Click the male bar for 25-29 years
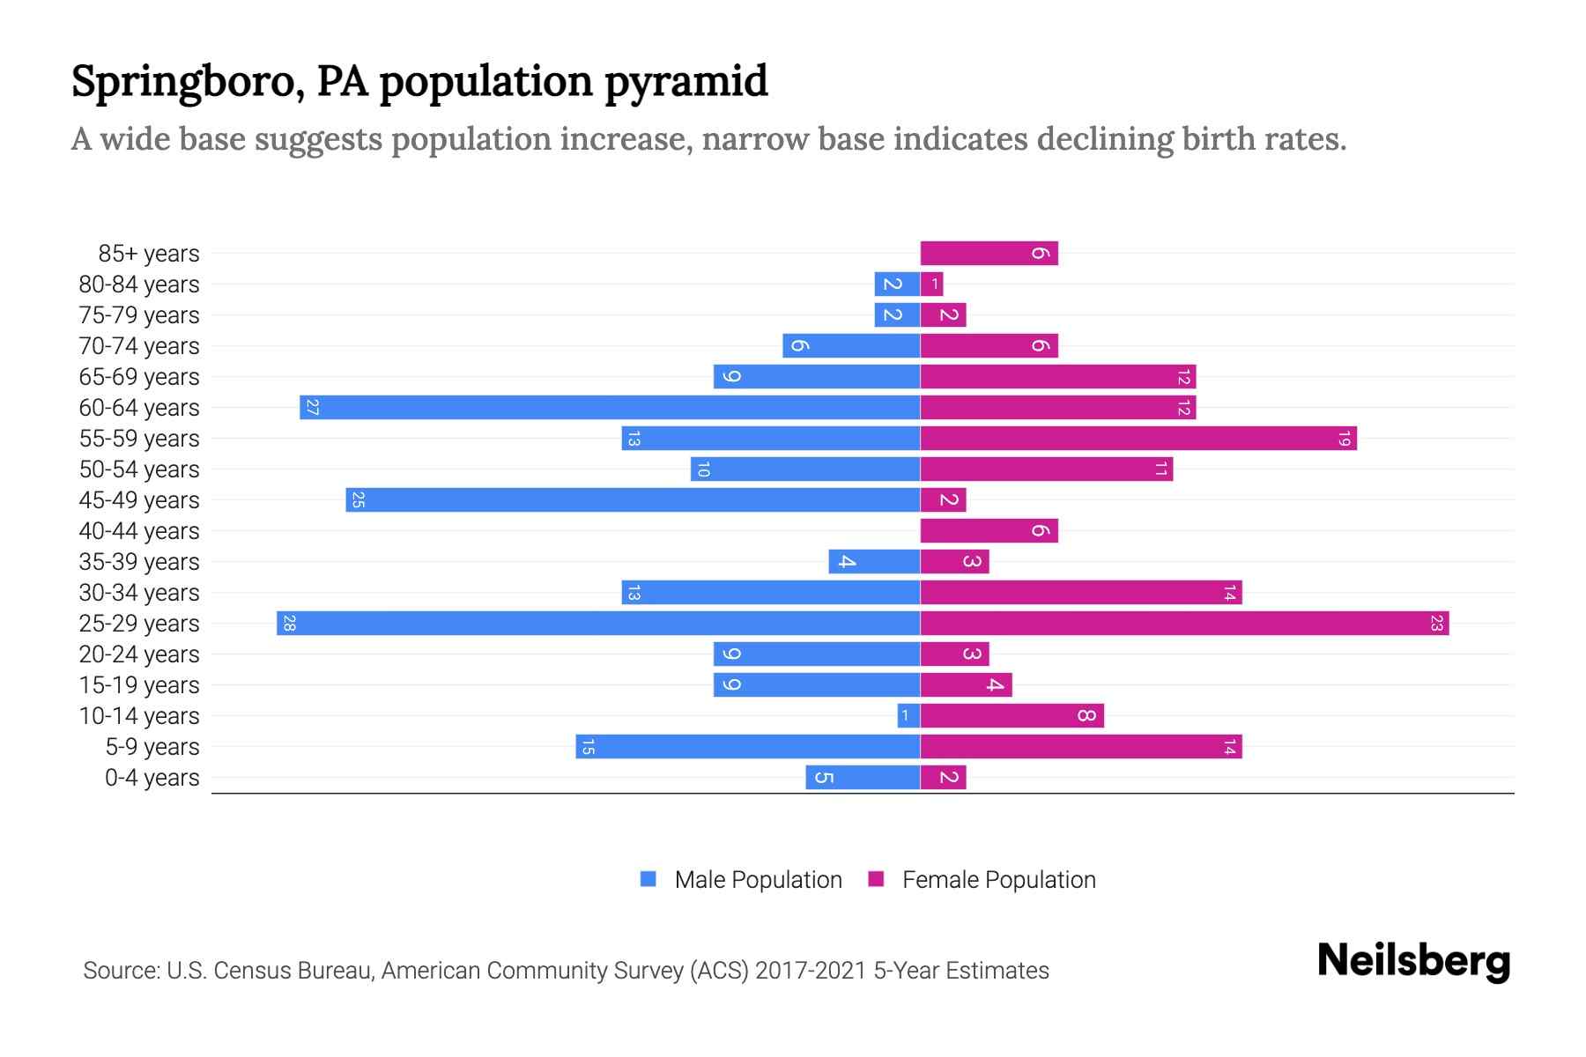599,624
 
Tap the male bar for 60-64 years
610,408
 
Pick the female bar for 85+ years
989,254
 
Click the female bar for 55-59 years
1138,439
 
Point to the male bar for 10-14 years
909,716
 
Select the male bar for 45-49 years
633,500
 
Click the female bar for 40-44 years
989,531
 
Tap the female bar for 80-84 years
932,285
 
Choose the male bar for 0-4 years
863,778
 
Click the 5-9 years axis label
152,747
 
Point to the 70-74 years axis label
139,346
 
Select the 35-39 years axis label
139,562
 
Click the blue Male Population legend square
648,879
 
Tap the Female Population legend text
998,880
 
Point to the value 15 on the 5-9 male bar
588,747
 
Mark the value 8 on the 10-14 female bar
1086,716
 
